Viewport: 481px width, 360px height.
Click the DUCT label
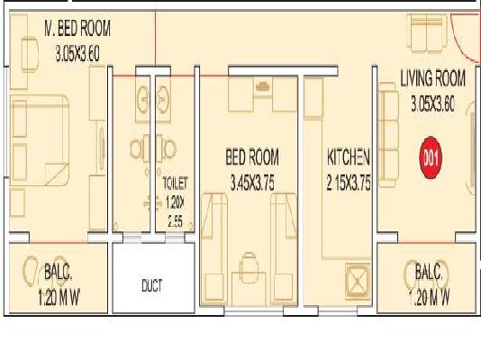152,285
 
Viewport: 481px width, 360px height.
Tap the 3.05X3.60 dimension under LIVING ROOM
431,103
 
